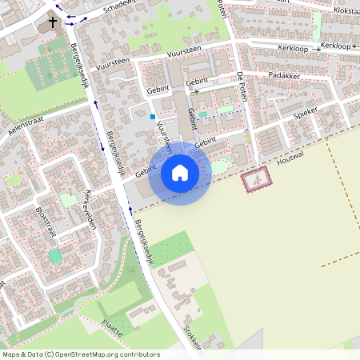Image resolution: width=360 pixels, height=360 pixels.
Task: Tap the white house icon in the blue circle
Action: pyautogui.click(x=180, y=173)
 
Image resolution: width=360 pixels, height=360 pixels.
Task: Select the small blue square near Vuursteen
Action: pyautogui.click(x=152, y=117)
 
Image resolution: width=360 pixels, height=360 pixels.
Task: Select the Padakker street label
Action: pyautogui.click(x=283, y=74)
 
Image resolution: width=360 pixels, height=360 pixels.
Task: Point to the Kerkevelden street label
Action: pyautogui.click(x=88, y=210)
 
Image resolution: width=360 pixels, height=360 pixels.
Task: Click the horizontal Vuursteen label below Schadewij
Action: pyautogui.click(x=184, y=50)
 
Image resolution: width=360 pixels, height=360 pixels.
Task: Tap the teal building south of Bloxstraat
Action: pyautogui.click(x=54, y=256)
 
